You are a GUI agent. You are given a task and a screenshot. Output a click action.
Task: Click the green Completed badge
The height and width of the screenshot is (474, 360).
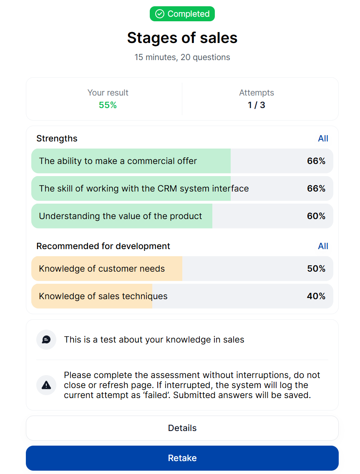coord(182,14)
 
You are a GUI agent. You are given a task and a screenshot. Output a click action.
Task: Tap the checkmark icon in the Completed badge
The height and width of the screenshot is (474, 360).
coord(160,14)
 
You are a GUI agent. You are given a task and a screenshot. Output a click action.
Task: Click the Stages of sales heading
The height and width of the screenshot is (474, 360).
coord(182,38)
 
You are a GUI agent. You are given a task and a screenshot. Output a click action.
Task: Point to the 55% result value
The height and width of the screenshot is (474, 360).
coord(108,105)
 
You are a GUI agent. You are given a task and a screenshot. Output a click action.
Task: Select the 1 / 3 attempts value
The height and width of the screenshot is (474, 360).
coord(256,105)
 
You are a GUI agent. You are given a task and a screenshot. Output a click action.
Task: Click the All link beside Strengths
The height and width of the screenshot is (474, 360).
coord(323,139)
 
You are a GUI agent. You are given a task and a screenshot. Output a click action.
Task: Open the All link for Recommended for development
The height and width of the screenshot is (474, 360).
coord(323,246)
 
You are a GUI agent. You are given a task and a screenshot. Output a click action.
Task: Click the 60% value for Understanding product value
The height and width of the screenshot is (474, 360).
coord(316,216)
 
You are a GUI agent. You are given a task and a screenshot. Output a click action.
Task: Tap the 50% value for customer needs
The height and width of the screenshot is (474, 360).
coord(316,268)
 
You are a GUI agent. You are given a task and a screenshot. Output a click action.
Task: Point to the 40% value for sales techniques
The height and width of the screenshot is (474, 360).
coord(316,296)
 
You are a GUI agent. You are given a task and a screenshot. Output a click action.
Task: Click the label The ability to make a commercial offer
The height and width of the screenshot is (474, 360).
coord(118,161)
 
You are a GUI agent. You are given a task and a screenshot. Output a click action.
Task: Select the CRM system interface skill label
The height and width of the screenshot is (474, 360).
coord(144,188)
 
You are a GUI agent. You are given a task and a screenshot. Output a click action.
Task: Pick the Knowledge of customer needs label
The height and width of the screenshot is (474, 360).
coord(102,268)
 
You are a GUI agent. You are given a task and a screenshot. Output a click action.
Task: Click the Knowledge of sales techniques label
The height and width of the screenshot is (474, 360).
coord(103,296)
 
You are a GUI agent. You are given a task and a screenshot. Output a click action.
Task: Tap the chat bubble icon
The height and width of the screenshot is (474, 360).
coord(46,340)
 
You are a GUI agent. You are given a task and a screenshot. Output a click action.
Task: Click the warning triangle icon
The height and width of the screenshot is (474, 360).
coord(46,385)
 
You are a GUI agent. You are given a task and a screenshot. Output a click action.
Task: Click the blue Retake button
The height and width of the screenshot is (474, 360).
coord(182,458)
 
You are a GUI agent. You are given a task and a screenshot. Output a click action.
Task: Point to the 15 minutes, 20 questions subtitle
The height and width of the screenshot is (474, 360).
coord(182,57)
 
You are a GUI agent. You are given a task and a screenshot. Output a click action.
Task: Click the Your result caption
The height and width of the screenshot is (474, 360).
coord(108,93)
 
